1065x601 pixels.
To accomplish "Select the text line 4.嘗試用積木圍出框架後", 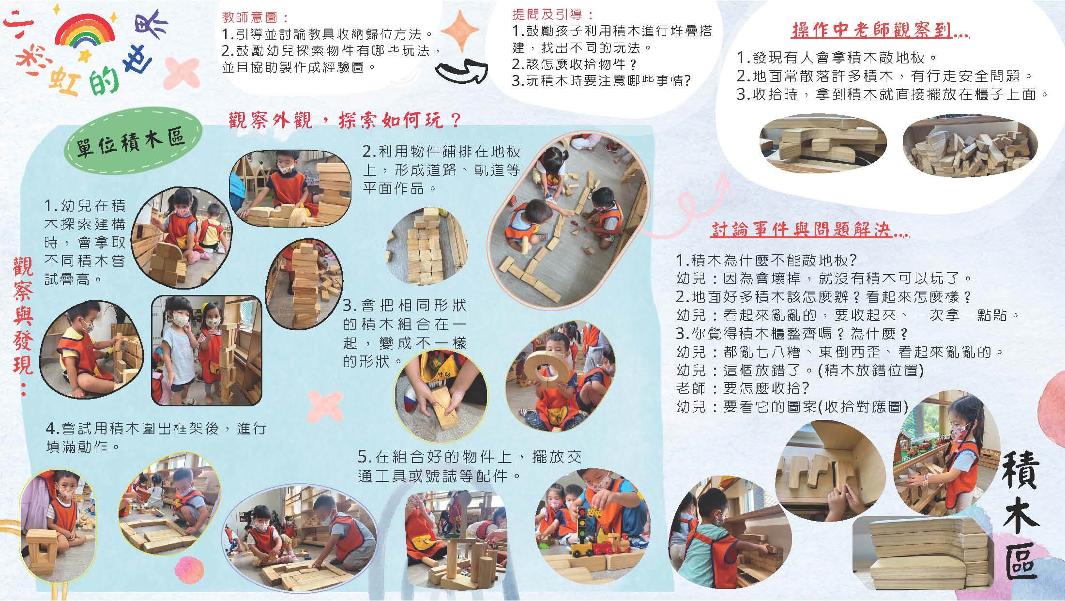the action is pos(156,428).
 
